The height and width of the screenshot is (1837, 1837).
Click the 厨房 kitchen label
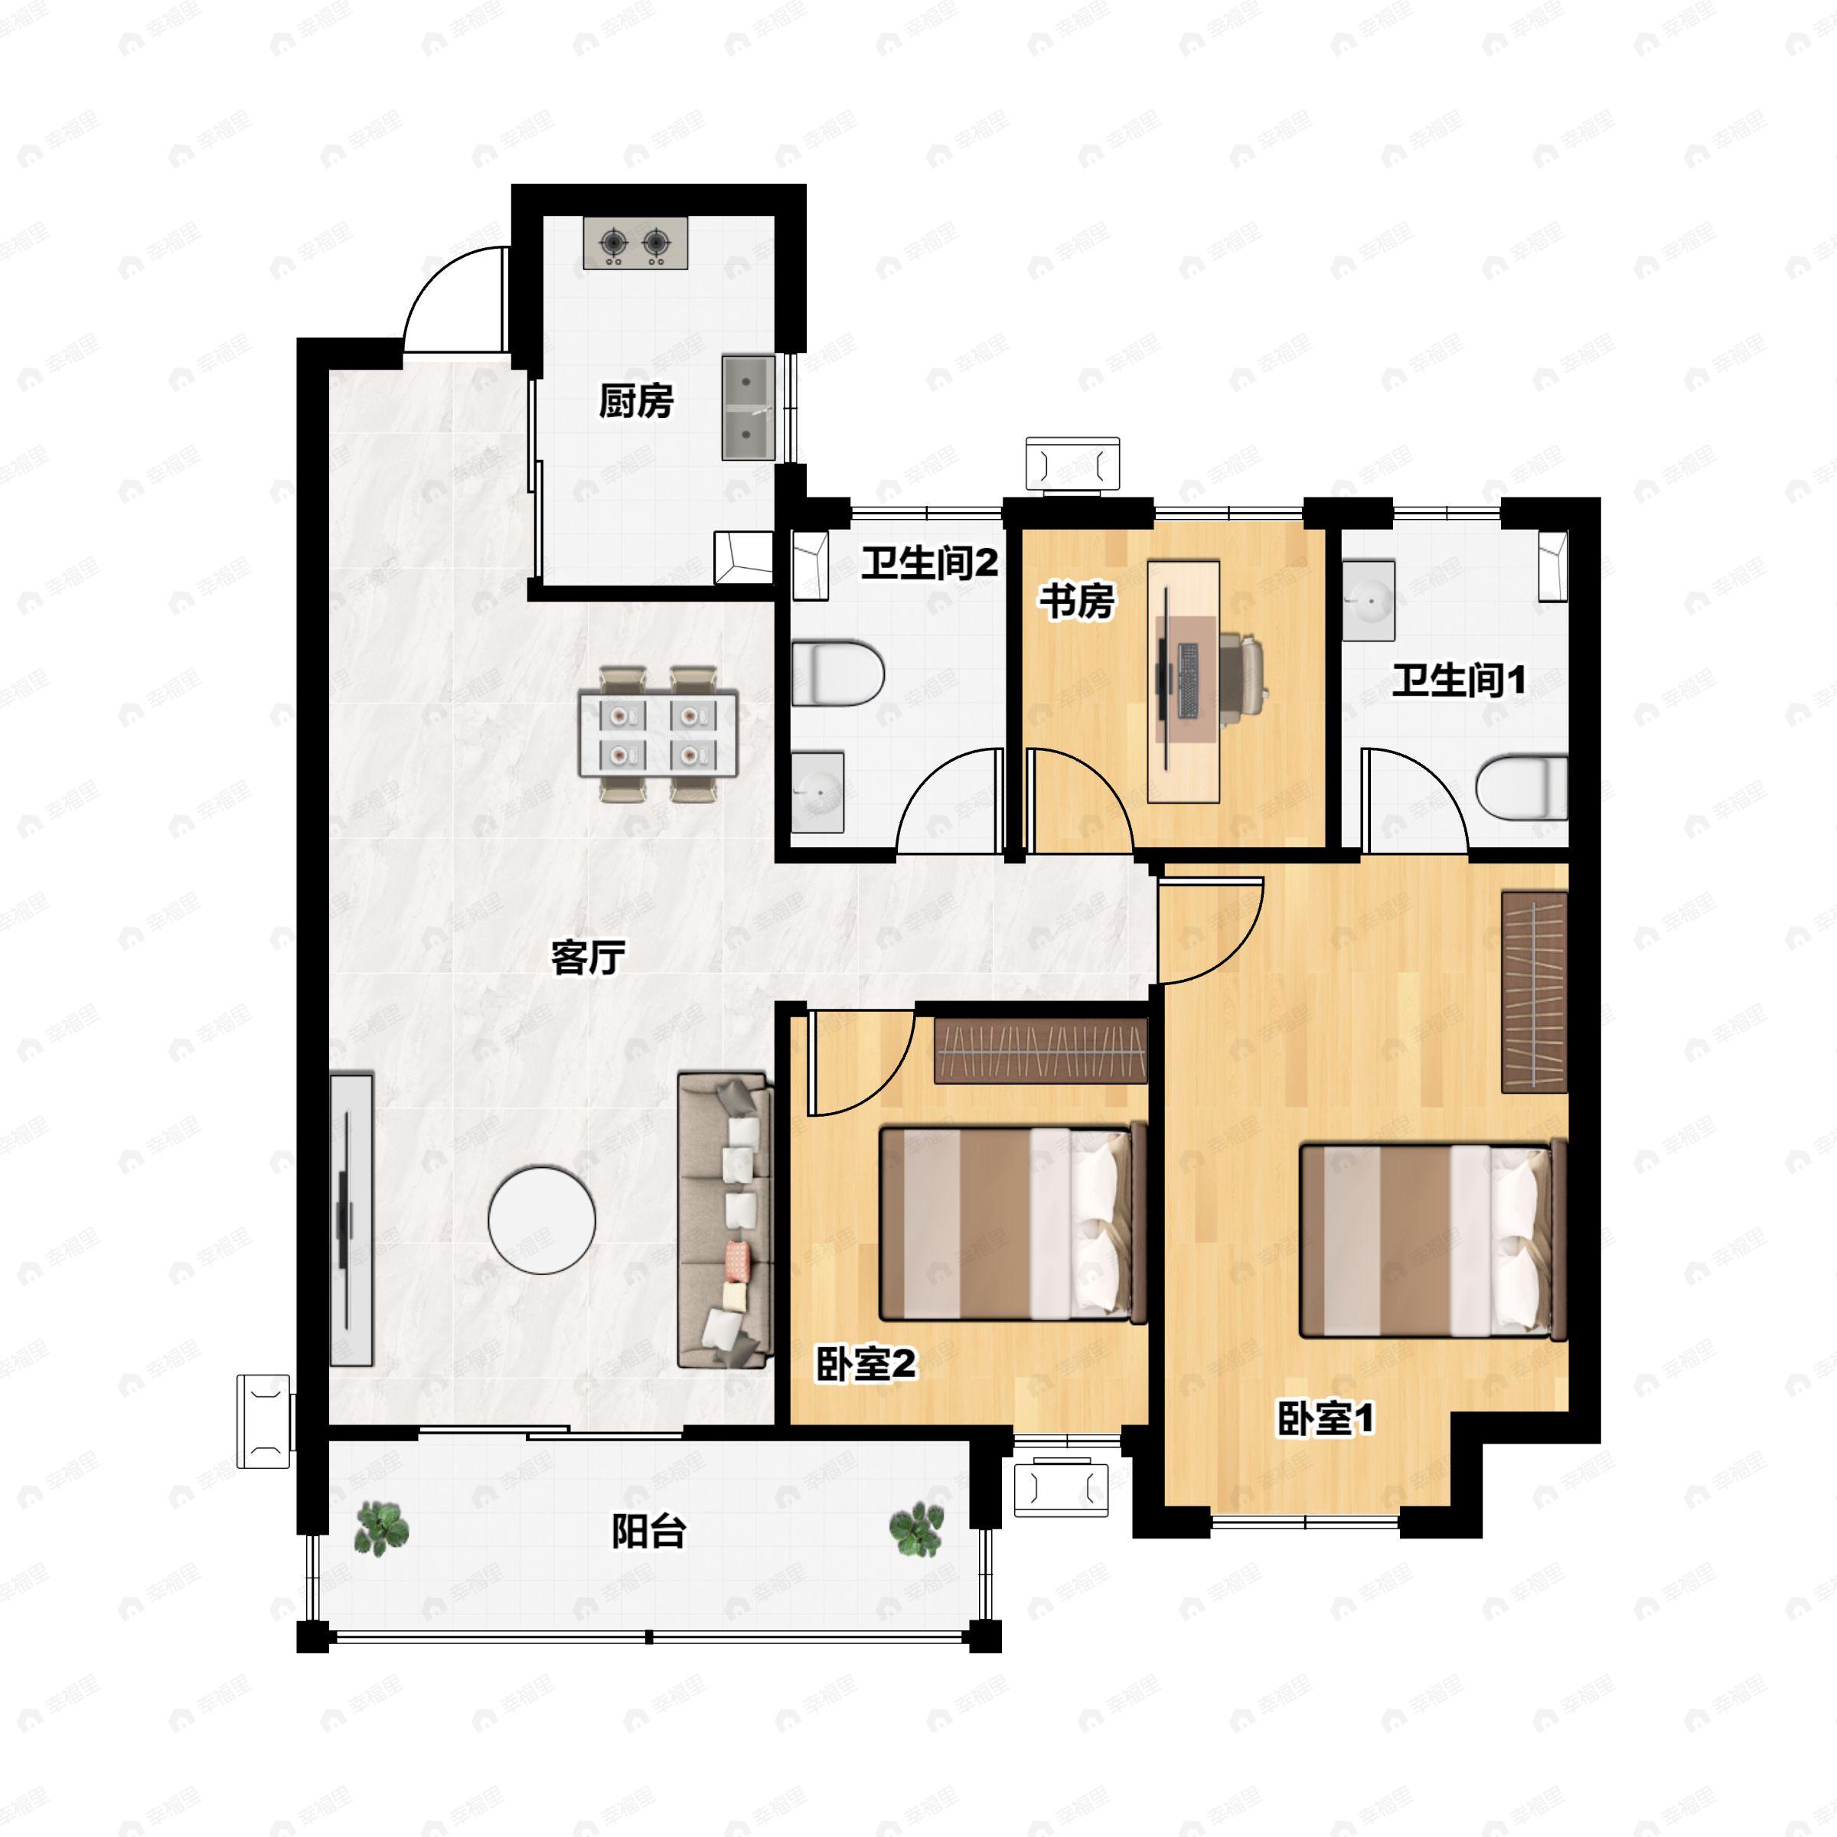pos(636,401)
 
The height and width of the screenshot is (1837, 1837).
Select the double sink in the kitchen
pos(749,408)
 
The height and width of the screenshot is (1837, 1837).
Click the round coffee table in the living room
pos(542,1220)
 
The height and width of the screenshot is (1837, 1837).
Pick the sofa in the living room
pos(725,1221)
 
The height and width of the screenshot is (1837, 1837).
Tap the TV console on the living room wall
pos(351,1220)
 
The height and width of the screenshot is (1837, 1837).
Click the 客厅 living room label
pos(589,958)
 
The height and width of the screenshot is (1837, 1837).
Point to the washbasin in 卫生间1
pos(1369,600)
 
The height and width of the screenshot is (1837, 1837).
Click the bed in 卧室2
pos(1013,1224)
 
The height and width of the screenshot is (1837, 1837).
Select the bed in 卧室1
pos(1433,1241)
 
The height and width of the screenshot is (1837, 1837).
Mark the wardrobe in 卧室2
pos(1041,1051)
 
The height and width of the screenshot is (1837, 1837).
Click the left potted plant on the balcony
pos(381,1529)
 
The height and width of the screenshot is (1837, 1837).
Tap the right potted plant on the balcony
pos(917,1529)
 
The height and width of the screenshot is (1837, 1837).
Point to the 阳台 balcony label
pos(648,1532)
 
